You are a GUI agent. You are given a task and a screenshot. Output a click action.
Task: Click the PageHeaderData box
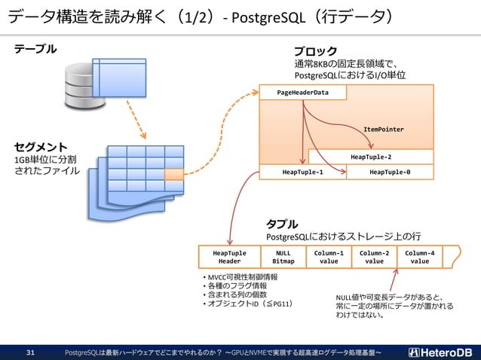pyautogui.click(x=303, y=92)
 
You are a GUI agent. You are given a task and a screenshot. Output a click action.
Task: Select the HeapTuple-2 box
pyautogui.click(x=371, y=157)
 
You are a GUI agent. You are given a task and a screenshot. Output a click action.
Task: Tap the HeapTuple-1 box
pyautogui.click(x=302, y=172)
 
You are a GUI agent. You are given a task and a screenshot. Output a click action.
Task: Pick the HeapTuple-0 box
pyautogui.click(x=390, y=172)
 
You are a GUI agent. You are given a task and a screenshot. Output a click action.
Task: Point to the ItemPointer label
pyautogui.click(x=383, y=130)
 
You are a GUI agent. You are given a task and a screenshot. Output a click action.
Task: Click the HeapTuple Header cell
pyautogui.click(x=230, y=257)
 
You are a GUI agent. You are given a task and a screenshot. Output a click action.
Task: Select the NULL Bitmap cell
pyautogui.click(x=283, y=257)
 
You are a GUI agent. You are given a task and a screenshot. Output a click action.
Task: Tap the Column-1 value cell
pyautogui.click(x=329, y=257)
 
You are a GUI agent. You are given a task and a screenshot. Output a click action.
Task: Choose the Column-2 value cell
pyautogui.click(x=375, y=257)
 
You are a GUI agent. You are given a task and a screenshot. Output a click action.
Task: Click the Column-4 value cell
pyautogui.click(x=420, y=257)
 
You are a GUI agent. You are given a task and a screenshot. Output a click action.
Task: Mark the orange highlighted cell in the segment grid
pyautogui.click(x=173, y=174)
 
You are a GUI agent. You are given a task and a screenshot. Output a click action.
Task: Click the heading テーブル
pyautogui.click(x=35, y=49)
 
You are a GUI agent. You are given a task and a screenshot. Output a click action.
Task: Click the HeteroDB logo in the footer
pyautogui.click(x=440, y=352)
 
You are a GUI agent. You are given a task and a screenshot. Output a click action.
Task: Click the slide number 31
pyautogui.click(x=31, y=352)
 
